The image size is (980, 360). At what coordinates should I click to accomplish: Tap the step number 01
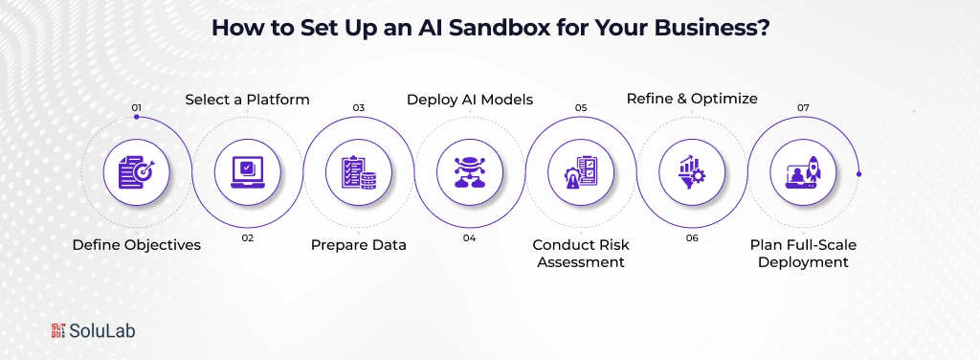pos(136,107)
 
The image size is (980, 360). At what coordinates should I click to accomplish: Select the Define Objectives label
pos(136,245)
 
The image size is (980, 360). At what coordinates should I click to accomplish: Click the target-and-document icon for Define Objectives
pos(136,172)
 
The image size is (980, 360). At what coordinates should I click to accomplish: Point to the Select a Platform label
pos(248,100)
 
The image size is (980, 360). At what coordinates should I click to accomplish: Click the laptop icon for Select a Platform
pos(248,172)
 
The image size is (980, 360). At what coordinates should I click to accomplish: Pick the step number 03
pos(359,107)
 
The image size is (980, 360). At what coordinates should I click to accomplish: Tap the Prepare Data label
pos(359,245)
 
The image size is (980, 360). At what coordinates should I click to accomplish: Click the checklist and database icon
pos(359,172)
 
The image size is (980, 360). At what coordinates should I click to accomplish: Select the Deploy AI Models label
pos(470,100)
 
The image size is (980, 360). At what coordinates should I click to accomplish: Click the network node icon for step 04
pos(470,172)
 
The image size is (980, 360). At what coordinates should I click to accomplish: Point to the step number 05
pos(581,107)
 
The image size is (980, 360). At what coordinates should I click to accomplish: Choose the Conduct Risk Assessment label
pos(581,253)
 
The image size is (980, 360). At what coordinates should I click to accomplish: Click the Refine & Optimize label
pos(692,99)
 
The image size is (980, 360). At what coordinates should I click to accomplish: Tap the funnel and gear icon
pos(692,172)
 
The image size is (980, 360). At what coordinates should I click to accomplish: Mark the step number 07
pos(803,107)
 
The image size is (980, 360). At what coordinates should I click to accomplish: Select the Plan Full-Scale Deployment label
pos(803,253)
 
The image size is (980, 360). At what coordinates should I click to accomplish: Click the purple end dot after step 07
pos(858,173)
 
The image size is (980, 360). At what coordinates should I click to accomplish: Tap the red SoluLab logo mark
pos(58,330)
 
